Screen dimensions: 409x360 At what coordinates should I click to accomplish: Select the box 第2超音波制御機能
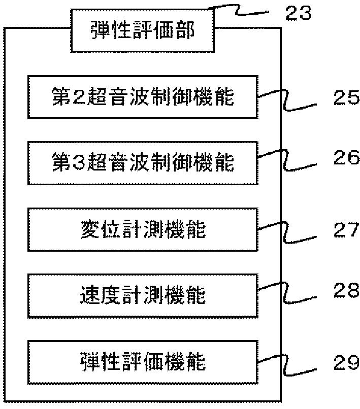tap(143, 96)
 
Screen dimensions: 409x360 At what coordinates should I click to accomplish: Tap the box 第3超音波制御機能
tap(143, 163)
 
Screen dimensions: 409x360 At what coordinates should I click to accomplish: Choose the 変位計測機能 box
tap(143, 230)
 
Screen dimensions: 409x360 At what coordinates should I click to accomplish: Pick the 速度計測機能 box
tap(143, 295)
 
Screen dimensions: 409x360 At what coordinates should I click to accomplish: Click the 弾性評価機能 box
tap(143, 362)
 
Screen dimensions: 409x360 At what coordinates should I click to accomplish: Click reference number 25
tap(346, 98)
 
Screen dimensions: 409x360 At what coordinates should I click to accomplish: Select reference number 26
tap(346, 159)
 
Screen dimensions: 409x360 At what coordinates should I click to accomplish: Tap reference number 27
tap(346, 231)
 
